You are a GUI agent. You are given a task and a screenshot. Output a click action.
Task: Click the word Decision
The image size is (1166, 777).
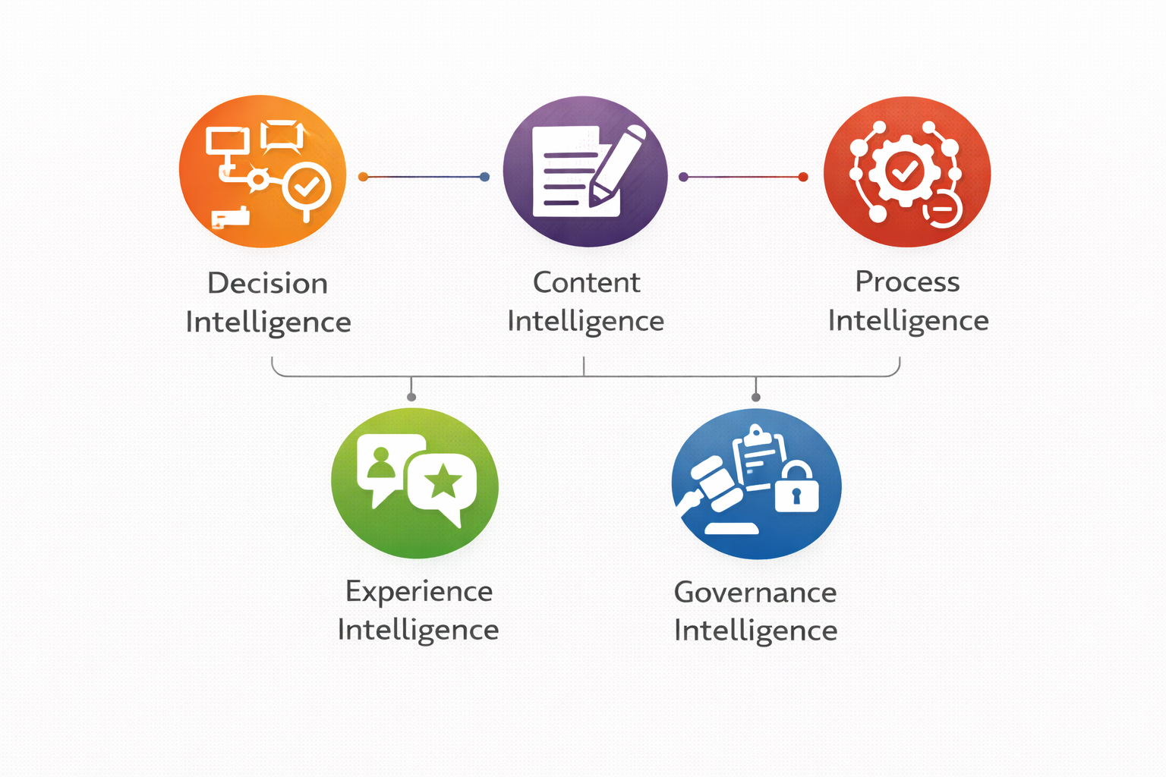[267, 283]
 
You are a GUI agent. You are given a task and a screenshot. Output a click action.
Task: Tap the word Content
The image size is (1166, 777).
[586, 282]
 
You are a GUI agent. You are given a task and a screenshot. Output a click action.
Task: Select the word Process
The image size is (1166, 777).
[907, 282]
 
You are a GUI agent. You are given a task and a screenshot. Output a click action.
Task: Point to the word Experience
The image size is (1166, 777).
[418, 591]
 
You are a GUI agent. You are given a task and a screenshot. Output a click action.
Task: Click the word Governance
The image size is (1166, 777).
[755, 593]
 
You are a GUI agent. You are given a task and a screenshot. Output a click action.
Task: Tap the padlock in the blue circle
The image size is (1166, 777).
[796, 489]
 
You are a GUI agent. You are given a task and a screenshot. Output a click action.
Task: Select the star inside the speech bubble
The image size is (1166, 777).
[443, 481]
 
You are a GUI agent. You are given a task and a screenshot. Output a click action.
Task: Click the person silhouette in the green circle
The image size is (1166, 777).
[381, 463]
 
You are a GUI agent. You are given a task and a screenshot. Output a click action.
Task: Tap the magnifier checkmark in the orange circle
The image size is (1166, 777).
[307, 184]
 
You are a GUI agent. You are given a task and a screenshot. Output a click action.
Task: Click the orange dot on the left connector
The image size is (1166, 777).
[363, 177]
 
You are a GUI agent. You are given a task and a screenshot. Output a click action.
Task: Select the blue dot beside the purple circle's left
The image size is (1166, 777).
[485, 177]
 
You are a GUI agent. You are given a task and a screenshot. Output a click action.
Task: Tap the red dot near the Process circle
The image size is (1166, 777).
[803, 177]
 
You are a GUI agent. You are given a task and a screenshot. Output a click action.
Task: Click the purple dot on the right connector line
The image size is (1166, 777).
[683, 177]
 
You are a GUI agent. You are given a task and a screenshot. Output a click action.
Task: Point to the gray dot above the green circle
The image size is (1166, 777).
[411, 397]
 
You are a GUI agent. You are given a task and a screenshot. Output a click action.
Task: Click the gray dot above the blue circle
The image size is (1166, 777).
[755, 397]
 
